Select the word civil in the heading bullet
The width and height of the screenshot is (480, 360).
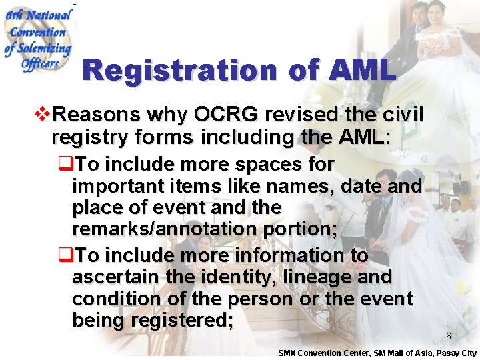pos(402,115)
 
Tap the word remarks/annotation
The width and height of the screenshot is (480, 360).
pos(167,229)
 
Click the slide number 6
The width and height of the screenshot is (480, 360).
pos(449,337)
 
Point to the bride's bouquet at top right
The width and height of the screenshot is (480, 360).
pos(437,45)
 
